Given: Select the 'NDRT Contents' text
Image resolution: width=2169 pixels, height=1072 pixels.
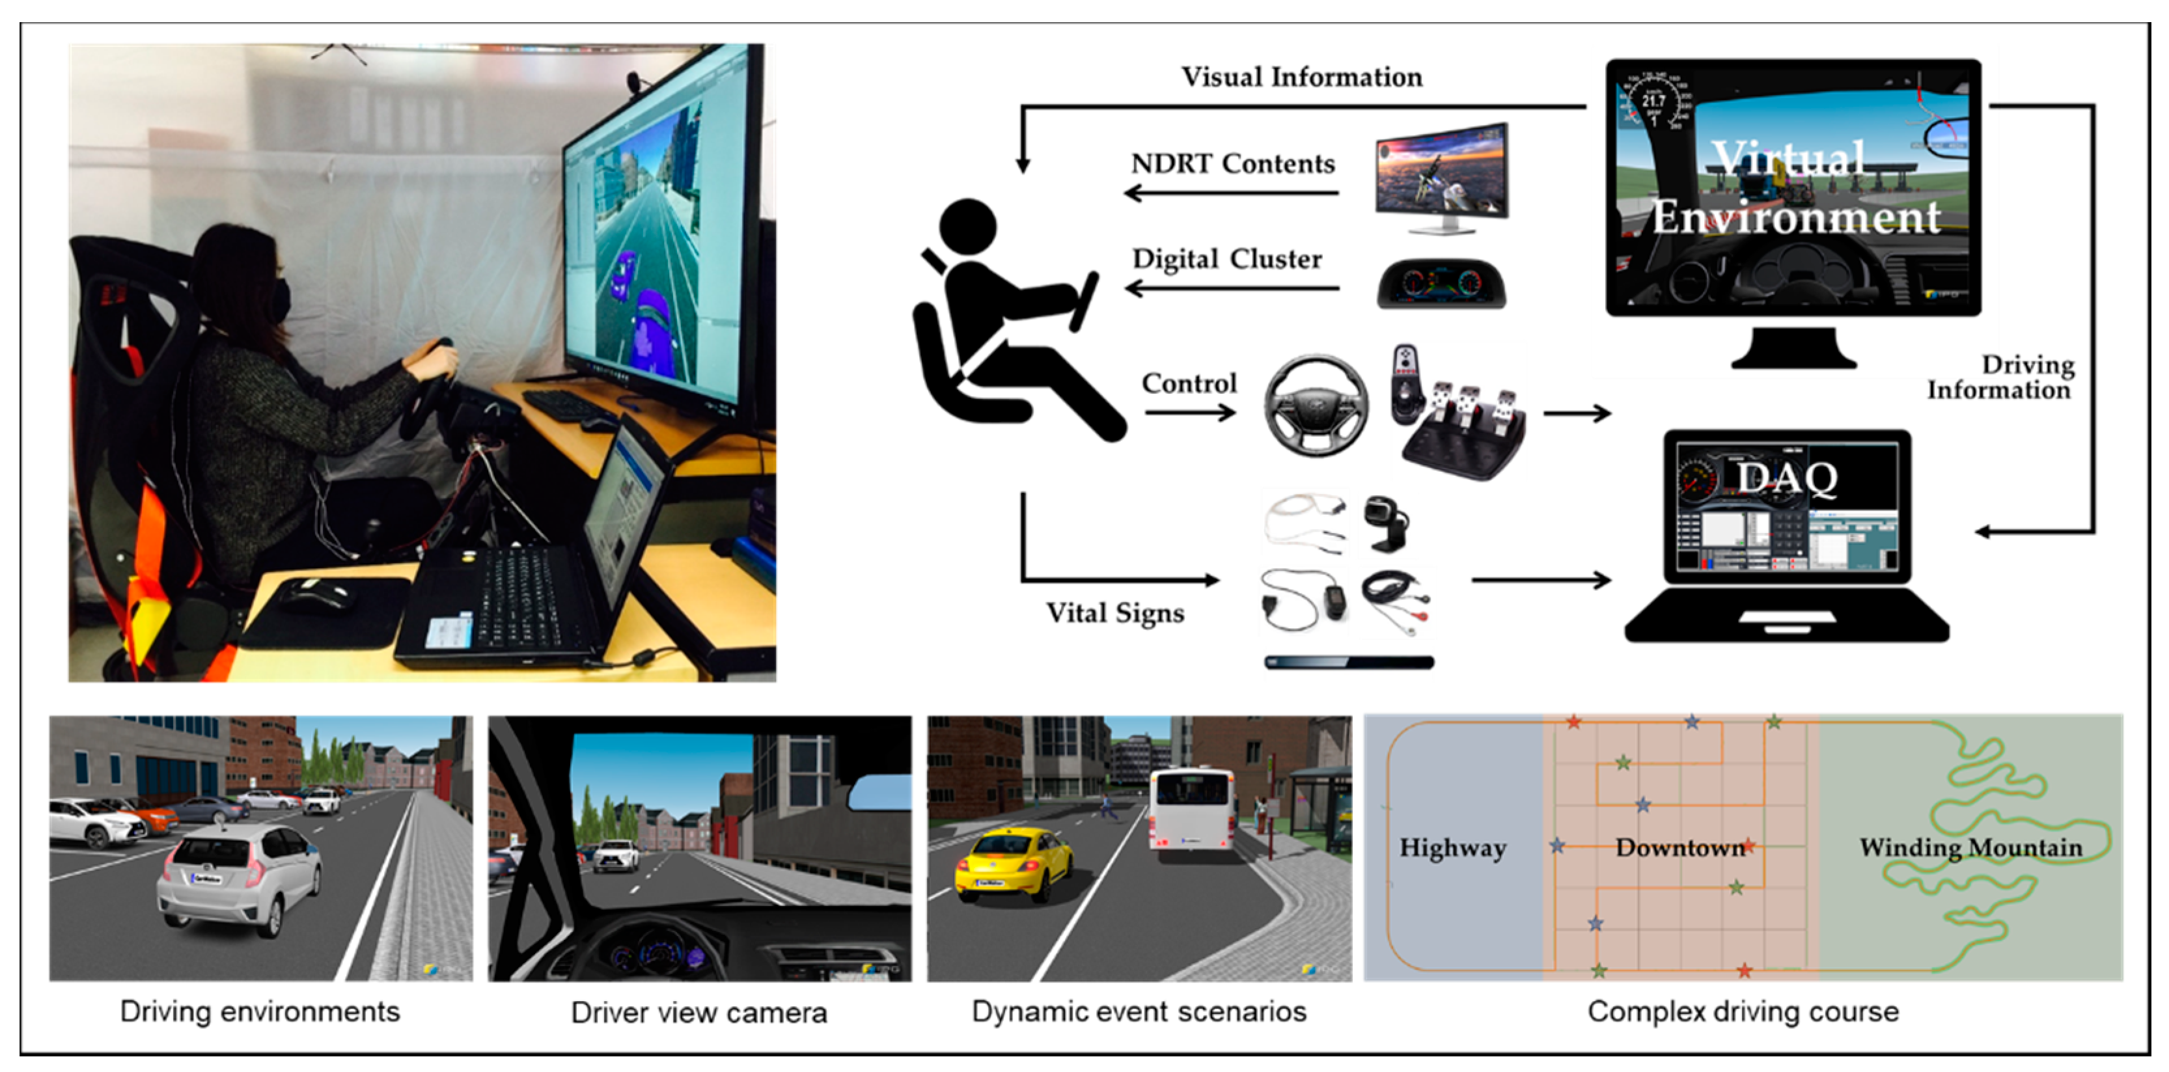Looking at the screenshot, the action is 1233,163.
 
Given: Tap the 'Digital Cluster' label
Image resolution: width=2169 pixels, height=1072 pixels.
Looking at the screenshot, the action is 1227,259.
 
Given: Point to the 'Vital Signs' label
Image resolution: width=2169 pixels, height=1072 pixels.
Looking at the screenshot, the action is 1115,613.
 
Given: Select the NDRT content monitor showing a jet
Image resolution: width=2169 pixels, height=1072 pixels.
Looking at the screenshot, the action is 1441,177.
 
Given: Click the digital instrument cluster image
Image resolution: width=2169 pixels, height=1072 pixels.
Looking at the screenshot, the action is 1441,284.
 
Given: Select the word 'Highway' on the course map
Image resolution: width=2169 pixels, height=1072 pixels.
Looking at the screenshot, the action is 1452,848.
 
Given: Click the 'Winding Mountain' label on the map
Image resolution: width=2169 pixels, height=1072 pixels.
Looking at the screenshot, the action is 1970,848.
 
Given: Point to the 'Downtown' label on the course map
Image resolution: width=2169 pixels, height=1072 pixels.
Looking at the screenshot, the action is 1679,848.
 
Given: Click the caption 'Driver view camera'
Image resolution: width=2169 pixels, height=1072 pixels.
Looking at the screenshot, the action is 699,1013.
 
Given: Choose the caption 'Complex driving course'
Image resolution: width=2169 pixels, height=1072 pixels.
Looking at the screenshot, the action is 1743,1011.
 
